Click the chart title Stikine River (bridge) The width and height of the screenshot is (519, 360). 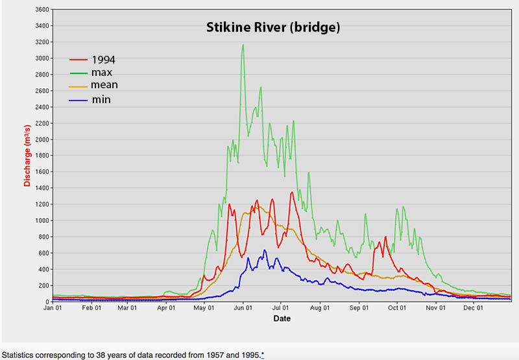tap(273, 27)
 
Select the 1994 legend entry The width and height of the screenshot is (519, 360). tap(103, 60)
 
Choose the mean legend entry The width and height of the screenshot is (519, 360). tap(104, 85)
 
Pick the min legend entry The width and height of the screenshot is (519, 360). tap(101, 99)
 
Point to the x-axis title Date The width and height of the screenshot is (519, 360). tap(282, 318)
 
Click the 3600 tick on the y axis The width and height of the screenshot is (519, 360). tap(42, 10)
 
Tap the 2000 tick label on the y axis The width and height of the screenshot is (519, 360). tap(42, 139)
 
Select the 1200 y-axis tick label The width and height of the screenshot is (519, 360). tap(42, 204)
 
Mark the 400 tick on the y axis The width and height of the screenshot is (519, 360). tap(43, 269)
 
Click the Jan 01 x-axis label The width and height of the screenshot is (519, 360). tap(53, 309)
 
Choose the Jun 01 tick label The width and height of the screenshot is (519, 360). tap(243, 309)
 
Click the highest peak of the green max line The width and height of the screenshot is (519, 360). tap(243, 45)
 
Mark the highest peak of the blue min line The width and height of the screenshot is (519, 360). tap(265, 250)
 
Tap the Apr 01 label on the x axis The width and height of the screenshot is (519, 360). tap(167, 309)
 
